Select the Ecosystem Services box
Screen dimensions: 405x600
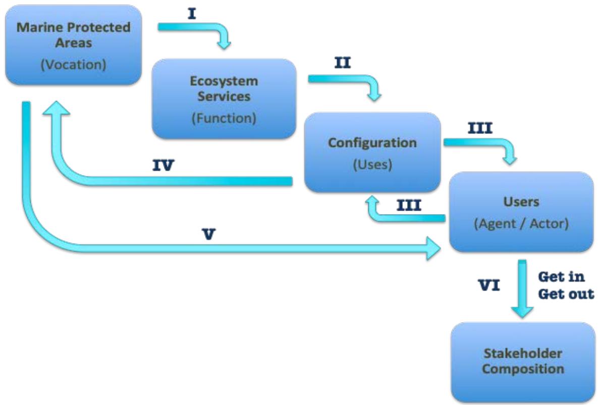point(224,99)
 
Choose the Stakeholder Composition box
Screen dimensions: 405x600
point(523,362)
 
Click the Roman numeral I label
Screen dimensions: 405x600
point(192,14)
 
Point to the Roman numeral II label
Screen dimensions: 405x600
point(343,64)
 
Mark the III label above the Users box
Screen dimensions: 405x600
point(479,128)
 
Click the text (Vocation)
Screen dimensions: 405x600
point(73,66)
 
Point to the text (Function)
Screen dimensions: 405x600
point(224,119)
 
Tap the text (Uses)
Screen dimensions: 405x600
point(372,165)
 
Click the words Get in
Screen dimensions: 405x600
point(561,277)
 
